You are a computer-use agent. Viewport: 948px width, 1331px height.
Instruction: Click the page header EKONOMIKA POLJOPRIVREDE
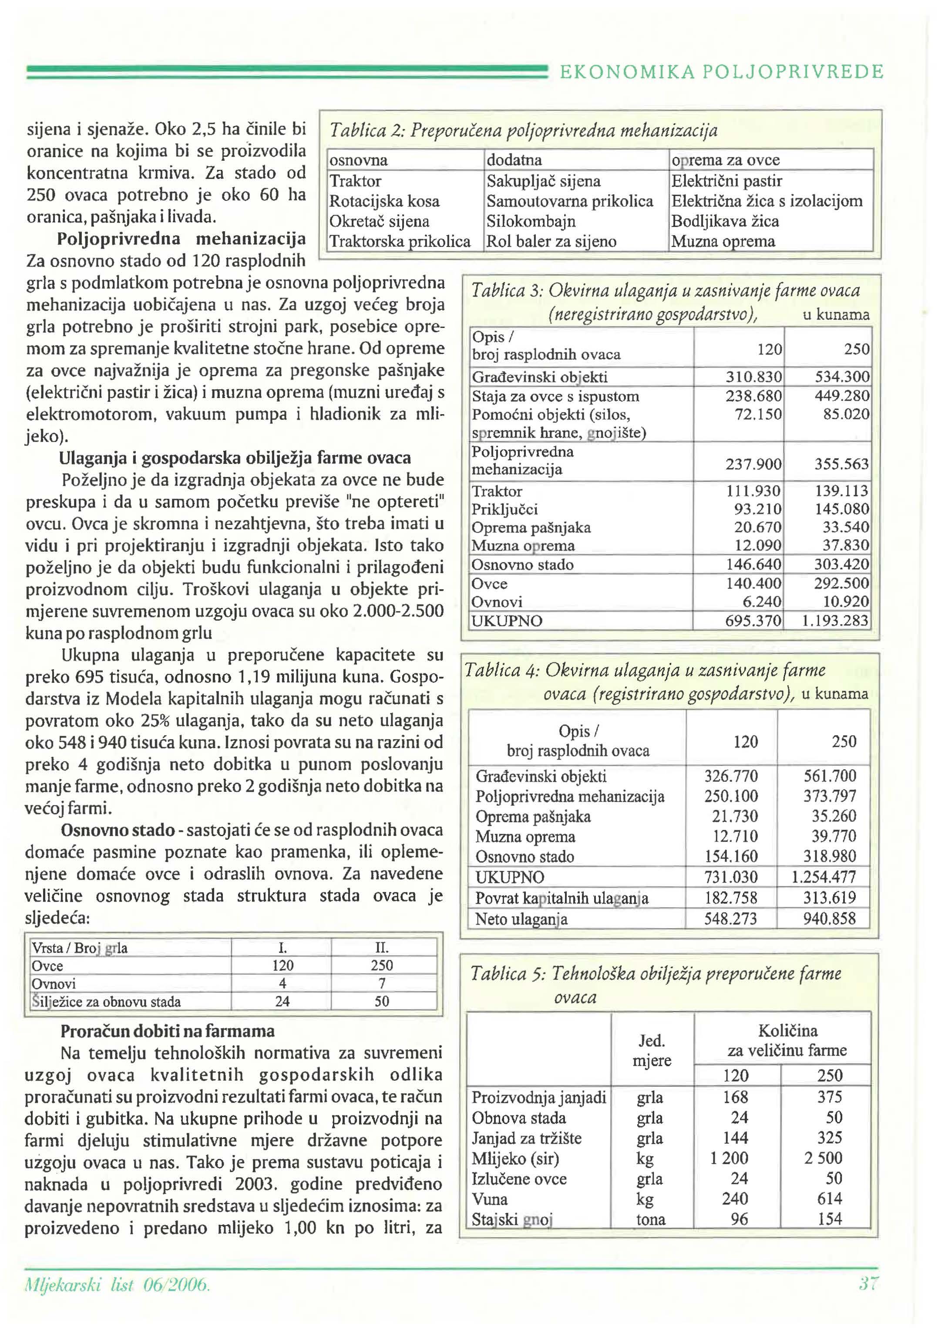coord(722,72)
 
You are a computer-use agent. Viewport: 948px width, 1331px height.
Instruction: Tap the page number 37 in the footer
coord(869,1284)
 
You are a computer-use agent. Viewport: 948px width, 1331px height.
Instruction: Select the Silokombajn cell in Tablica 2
coord(531,221)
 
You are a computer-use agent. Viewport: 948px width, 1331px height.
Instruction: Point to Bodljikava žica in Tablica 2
coord(724,221)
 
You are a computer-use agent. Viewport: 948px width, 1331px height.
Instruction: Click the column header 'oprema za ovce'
coord(725,160)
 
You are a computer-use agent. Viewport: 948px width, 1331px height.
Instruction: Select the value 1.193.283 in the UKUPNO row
coord(835,620)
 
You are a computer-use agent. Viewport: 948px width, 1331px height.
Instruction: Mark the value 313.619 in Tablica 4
coord(829,898)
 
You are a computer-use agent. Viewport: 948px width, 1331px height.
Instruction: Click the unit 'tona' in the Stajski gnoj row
coord(650,1220)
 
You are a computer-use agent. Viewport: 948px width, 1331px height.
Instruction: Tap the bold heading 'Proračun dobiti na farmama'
coord(168,1031)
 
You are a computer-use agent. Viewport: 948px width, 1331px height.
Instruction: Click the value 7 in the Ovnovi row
coord(382,983)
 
